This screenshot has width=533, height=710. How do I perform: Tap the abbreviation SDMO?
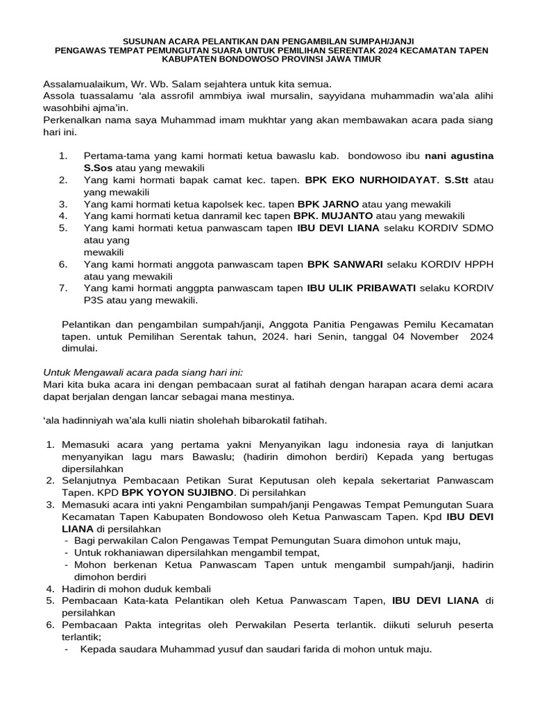click(480, 228)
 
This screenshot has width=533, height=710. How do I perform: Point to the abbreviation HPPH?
click(480, 264)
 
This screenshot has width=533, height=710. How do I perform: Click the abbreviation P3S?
click(94, 300)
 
